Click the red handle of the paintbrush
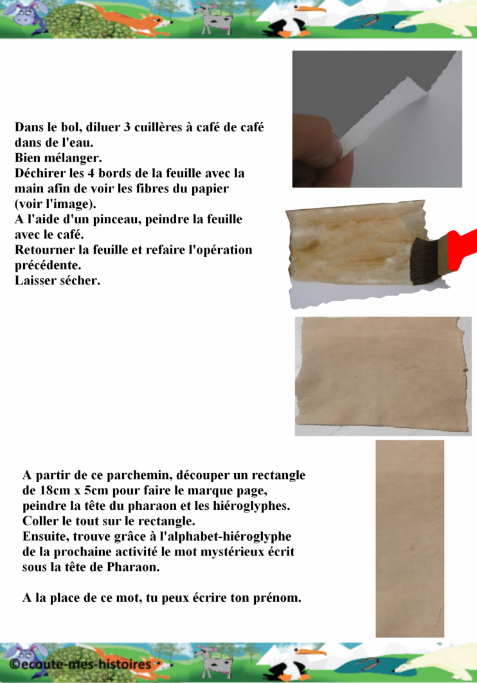point(462,248)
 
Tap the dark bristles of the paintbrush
point(424,261)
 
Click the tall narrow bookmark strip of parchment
point(410,538)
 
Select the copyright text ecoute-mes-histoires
point(80,665)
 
